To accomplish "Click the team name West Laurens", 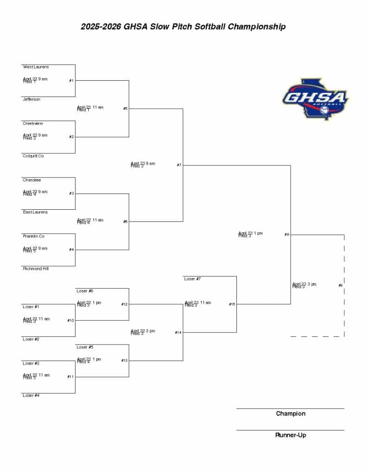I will [x=36, y=67].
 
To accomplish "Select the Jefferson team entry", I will [x=31, y=99].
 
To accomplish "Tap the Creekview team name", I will [x=33, y=124].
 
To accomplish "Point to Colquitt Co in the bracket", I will [x=33, y=156].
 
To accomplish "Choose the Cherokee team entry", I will [x=32, y=180].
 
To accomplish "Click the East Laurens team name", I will [x=35, y=212].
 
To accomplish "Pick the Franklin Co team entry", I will [x=34, y=236].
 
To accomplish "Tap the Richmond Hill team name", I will [x=36, y=268].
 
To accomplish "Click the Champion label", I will [x=291, y=413].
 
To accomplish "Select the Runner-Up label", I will [x=291, y=435].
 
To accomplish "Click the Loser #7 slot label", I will [x=192, y=279].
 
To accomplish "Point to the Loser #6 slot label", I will [x=85, y=291].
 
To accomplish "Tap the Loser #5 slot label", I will [x=85, y=347].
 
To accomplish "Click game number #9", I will [x=341, y=285].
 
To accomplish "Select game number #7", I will [x=179, y=165].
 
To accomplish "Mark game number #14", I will [x=178, y=333].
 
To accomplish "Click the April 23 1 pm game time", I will [x=250, y=234].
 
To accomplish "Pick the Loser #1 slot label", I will [x=31, y=307].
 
